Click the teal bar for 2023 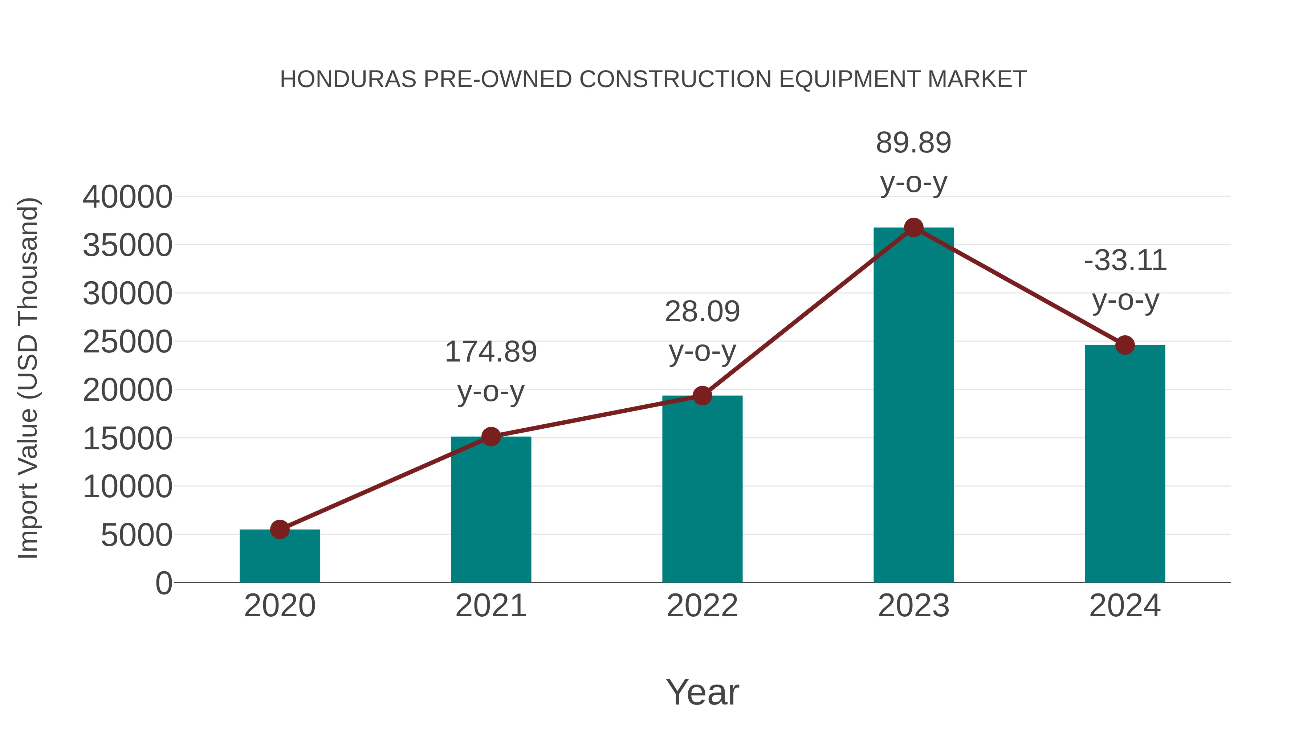point(913,406)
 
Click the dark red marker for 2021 point(490,436)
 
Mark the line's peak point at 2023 point(913,228)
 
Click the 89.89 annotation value point(913,143)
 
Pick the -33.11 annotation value point(1125,261)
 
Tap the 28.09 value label point(702,311)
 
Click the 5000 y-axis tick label point(137,535)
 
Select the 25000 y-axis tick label point(127,342)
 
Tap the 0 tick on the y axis point(164,583)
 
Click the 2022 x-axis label point(702,606)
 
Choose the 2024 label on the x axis point(1125,606)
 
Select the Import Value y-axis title point(28,378)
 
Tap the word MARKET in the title point(977,79)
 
